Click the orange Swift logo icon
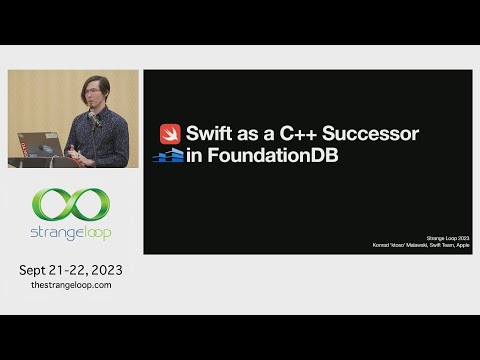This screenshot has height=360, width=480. [169, 134]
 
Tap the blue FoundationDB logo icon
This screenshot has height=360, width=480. [168, 156]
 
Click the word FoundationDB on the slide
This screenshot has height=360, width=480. [273, 156]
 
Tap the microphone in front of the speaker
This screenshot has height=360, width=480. [95, 124]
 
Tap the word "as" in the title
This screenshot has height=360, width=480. [254, 134]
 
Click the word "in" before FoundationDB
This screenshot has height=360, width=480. [196, 156]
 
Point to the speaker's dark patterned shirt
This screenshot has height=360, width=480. [105, 140]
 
